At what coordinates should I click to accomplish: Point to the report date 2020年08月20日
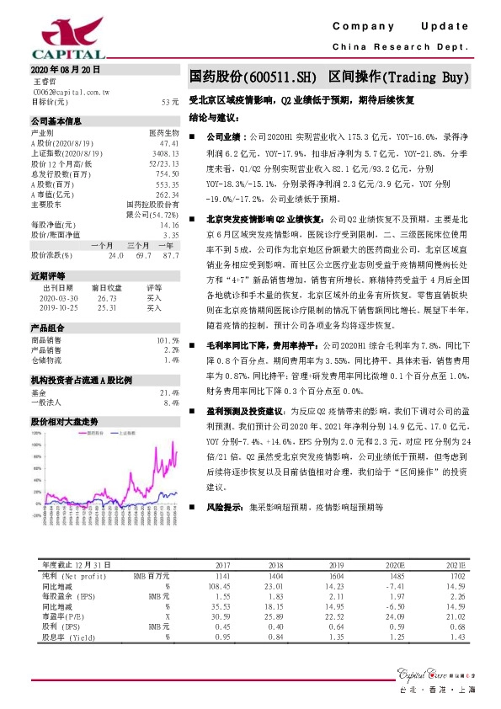[x=65, y=68]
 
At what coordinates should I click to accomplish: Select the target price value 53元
[x=170, y=101]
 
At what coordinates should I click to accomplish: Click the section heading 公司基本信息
[x=56, y=122]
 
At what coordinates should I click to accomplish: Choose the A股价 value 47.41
[x=169, y=143]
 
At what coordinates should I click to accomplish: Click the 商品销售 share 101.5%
[x=168, y=339]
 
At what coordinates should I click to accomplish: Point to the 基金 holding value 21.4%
[x=170, y=392]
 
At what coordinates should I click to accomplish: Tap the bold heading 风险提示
[x=223, y=508]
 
